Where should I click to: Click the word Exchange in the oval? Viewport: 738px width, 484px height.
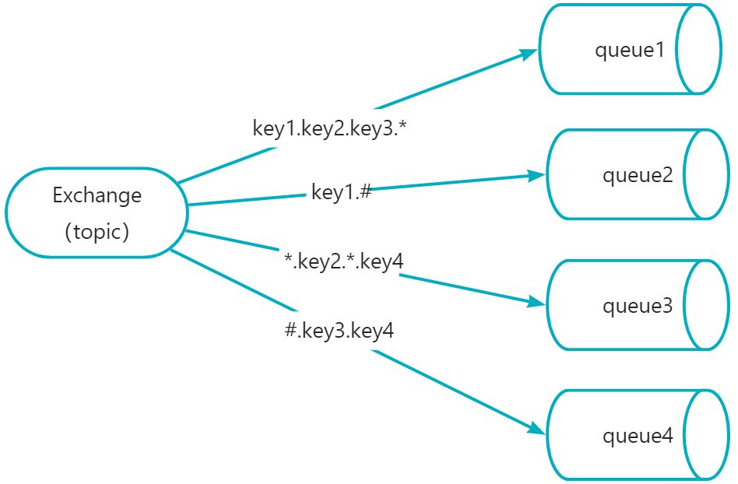[97, 195]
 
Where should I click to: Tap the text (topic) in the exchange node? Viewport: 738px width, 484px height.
[97, 231]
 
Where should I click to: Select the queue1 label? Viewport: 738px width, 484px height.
[630, 50]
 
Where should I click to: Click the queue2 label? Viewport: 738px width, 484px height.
[638, 175]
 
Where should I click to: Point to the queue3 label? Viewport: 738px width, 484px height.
[638, 306]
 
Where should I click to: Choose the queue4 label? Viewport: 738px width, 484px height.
[638, 436]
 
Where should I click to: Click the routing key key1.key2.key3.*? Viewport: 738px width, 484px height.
[329, 128]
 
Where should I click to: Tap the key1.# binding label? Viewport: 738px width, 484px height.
[342, 192]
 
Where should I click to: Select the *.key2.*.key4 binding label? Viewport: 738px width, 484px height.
[344, 261]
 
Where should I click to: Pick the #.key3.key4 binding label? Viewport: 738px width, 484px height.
[339, 330]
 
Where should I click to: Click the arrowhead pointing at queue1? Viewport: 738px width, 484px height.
[528, 53]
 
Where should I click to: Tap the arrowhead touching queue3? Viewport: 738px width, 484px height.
[536, 303]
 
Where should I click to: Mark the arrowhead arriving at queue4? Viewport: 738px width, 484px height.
[537, 429]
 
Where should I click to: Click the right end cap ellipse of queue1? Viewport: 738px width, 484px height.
[698, 49]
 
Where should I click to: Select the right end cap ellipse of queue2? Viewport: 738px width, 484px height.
[706, 174]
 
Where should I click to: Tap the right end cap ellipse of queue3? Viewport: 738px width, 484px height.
[706, 305]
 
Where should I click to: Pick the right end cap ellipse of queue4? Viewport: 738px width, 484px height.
[706, 435]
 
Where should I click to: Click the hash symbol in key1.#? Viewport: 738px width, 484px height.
[365, 191]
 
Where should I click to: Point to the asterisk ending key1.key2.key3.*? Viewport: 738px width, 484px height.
[402, 125]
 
